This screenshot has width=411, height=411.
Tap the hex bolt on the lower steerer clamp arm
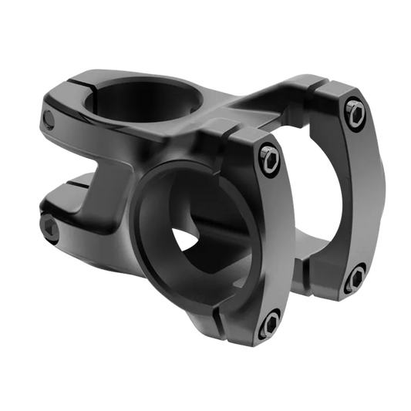pyautogui.click(x=50, y=224)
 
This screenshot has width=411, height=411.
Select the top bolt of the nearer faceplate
pyautogui.click(x=268, y=157)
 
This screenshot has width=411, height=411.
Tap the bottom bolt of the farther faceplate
pyautogui.click(x=356, y=276)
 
